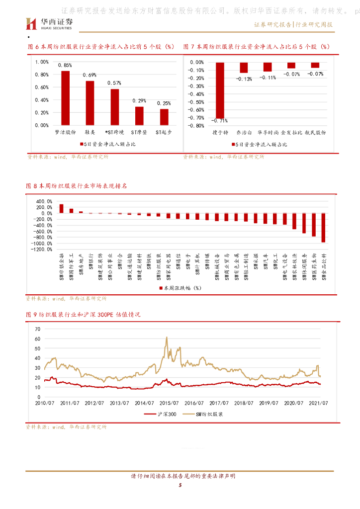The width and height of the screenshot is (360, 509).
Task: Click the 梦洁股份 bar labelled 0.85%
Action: coord(66,98)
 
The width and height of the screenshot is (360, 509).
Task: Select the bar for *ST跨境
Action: coord(114,107)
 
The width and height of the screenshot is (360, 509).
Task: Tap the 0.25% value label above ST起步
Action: coord(164,103)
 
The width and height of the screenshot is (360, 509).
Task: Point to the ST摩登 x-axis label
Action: coord(139,133)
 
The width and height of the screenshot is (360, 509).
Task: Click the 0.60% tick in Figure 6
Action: coord(42,87)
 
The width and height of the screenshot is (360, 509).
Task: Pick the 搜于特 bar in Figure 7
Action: coord(219,90)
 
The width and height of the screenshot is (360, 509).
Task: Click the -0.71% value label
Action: coord(219,121)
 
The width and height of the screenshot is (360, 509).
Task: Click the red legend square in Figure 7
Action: coord(233,145)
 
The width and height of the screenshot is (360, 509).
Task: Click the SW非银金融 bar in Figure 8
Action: coord(61,209)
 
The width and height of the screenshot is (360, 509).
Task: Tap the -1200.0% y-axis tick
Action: coord(41,250)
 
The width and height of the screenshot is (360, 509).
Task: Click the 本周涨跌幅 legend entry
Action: coord(179,288)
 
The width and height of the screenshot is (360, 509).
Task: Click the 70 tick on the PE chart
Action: coord(37,329)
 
